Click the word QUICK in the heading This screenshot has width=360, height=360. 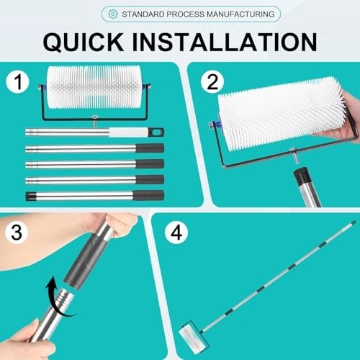84,42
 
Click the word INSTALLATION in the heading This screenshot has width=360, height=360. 225,42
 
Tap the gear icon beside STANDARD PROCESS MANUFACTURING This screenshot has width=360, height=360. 113,14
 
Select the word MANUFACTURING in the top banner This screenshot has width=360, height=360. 240,14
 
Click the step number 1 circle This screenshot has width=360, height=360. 17,82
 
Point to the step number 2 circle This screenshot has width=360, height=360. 212,82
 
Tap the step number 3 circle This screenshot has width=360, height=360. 17,233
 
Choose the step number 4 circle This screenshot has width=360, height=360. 176,233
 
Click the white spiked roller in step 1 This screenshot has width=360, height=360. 94,87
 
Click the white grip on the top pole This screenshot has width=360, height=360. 129,132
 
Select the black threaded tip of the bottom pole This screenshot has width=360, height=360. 30,196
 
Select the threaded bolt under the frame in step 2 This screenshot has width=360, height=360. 295,157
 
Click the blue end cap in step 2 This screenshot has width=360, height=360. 219,123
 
